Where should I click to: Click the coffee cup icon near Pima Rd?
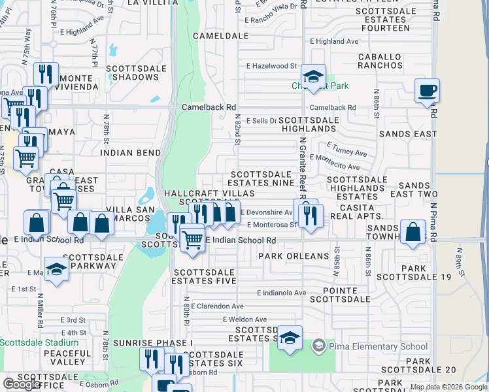click(x=427, y=90)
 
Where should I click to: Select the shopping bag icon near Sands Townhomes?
click(x=413, y=233)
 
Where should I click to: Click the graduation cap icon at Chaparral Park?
click(x=314, y=77)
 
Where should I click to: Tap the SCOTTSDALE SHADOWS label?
click(x=132, y=73)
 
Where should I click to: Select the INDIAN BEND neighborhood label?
click(x=131, y=153)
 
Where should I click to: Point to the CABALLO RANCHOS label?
click(x=380, y=61)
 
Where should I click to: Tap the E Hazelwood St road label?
click(x=272, y=66)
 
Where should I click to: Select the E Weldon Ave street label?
click(x=243, y=319)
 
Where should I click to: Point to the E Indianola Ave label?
click(x=282, y=293)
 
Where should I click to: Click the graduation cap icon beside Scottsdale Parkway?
click(x=57, y=270)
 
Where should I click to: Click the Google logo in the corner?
click(x=22, y=384)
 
